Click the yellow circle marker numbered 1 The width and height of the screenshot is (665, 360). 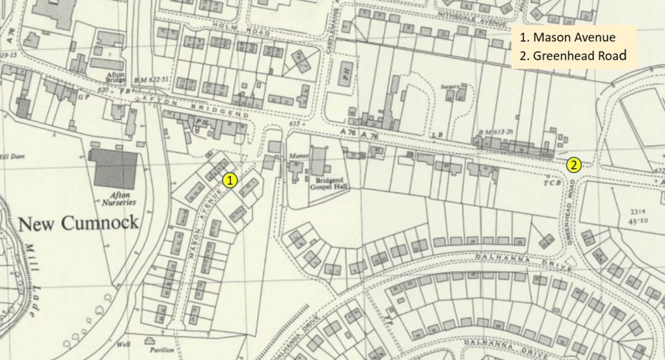[229, 180]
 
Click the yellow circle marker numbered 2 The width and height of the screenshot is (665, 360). [573, 165]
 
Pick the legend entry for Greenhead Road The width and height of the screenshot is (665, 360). [573, 56]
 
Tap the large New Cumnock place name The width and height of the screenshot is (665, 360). [78, 224]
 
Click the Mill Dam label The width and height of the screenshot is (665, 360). [12, 157]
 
